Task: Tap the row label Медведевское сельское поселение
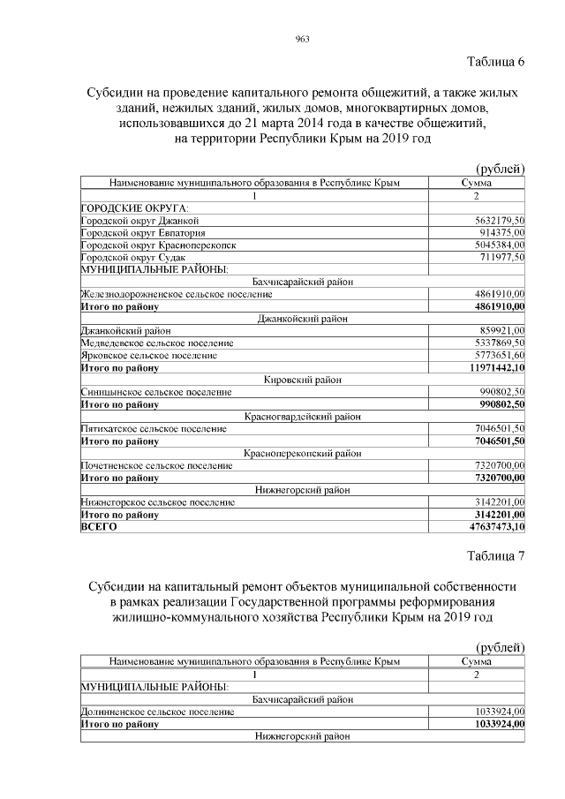[x=157, y=343]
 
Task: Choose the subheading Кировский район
[x=301, y=380]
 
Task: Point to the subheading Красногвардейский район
[x=301, y=416]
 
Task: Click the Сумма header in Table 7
[x=477, y=660]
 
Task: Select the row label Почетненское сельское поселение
[x=157, y=465]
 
